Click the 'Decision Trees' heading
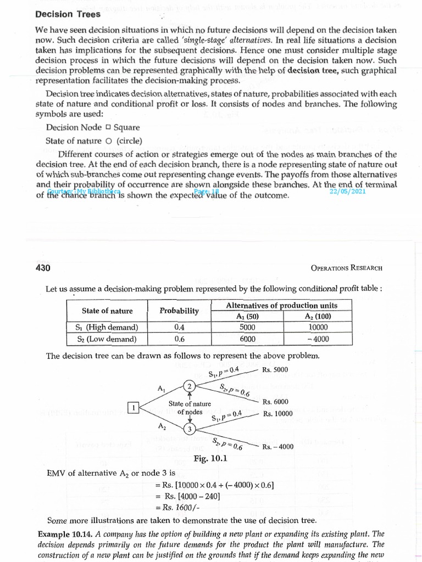click(x=68, y=14)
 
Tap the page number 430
click(x=43, y=268)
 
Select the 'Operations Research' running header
click(x=346, y=268)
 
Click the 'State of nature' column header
click(x=107, y=311)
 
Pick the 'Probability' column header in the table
click(x=179, y=311)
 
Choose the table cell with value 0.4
click(x=179, y=327)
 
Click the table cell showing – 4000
click(x=315, y=339)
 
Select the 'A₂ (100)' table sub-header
click(x=315, y=316)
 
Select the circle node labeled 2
click(x=190, y=386)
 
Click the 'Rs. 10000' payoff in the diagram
click(x=277, y=414)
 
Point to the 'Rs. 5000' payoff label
click(x=275, y=369)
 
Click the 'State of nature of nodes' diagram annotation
click(x=190, y=408)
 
